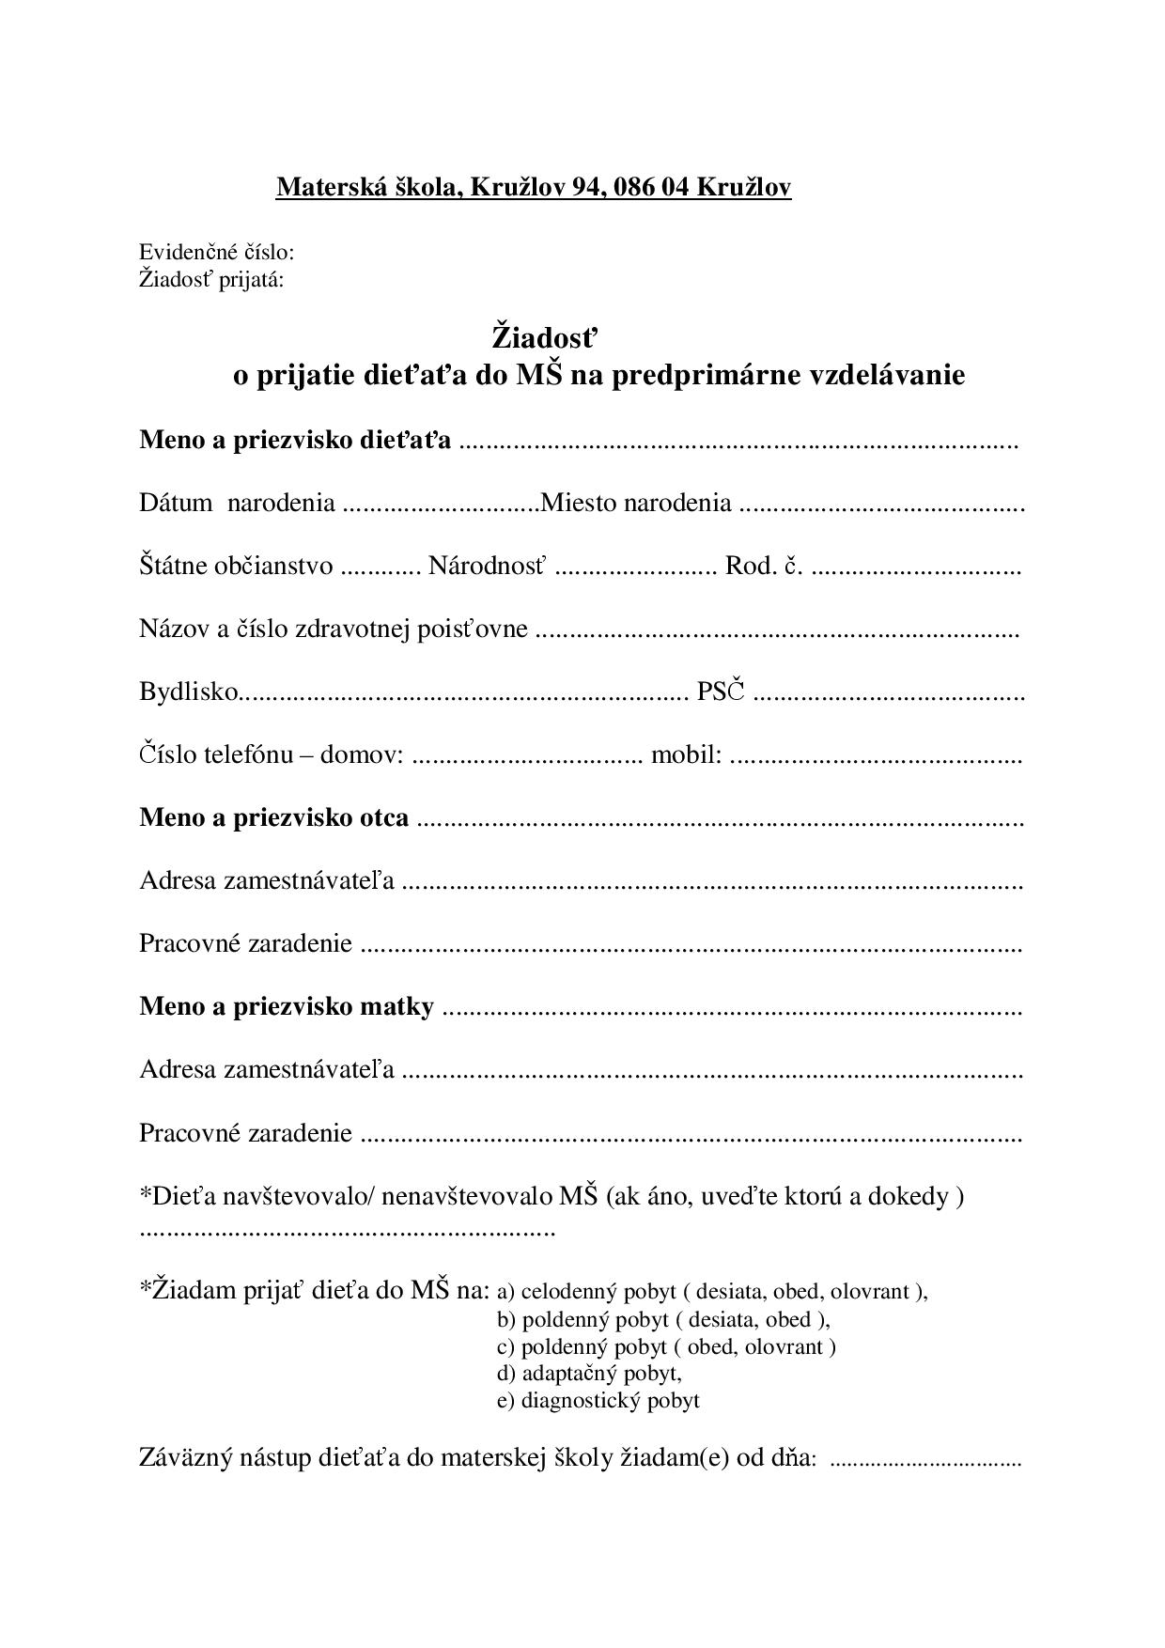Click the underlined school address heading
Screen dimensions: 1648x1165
(533, 187)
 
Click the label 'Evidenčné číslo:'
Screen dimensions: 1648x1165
(217, 252)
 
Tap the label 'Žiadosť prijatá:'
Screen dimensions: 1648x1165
(211, 279)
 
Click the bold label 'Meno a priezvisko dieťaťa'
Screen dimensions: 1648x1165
(295, 440)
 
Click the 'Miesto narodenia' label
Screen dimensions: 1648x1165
(637, 503)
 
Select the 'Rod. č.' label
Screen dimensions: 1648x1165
(764, 566)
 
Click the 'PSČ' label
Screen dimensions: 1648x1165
(720, 692)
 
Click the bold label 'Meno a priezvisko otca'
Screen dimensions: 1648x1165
(273, 817)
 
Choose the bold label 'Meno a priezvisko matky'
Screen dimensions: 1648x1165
(287, 1006)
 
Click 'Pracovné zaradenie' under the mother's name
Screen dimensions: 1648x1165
(245, 1133)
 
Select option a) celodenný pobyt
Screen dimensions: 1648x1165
(711, 1291)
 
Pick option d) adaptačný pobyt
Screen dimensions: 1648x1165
(589, 1373)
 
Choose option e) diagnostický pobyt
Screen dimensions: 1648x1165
(598, 1400)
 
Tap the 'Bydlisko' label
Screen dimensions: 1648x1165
(189, 692)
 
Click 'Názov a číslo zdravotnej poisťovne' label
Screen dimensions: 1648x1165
(333, 629)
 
